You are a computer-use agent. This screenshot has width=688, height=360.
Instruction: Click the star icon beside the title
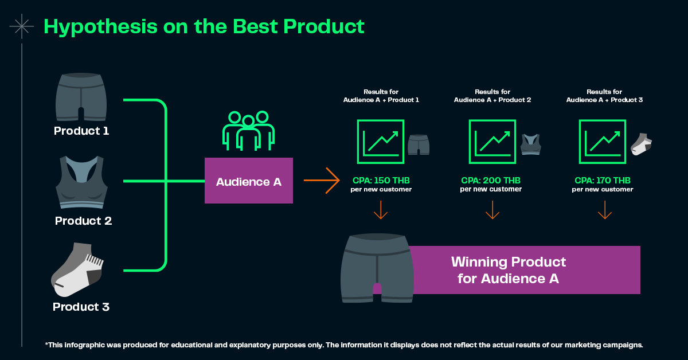click(22, 26)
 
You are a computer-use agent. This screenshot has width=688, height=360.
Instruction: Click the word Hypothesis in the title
click(100, 27)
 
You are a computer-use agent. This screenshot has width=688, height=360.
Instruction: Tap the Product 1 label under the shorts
click(81, 131)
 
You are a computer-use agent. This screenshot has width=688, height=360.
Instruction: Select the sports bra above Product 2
click(81, 182)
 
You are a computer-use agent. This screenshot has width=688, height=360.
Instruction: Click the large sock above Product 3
click(77, 270)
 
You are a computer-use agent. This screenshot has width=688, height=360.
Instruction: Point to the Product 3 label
click(81, 307)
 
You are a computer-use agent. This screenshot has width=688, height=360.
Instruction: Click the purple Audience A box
click(249, 181)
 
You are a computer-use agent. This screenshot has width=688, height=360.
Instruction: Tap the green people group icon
click(248, 131)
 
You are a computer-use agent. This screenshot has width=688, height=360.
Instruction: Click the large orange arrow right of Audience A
click(322, 181)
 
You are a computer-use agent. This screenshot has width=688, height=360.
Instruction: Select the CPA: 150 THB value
click(381, 181)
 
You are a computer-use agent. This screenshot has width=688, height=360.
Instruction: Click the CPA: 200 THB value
click(491, 181)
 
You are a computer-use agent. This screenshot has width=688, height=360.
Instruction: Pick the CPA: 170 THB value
click(603, 181)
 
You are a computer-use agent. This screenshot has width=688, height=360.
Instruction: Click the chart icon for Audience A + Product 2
click(492, 142)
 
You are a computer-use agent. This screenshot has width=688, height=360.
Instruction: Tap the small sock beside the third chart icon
click(642, 144)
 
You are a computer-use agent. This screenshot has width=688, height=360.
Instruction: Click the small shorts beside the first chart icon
click(419, 144)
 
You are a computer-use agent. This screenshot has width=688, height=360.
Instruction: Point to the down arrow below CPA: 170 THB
click(605, 210)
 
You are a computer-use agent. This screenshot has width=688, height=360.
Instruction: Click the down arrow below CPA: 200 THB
click(492, 210)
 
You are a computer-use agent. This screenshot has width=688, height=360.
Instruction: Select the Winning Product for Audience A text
click(509, 271)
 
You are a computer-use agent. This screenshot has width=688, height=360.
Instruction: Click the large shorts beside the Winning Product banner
click(377, 268)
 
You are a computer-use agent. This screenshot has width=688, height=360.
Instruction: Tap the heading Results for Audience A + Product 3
click(604, 96)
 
